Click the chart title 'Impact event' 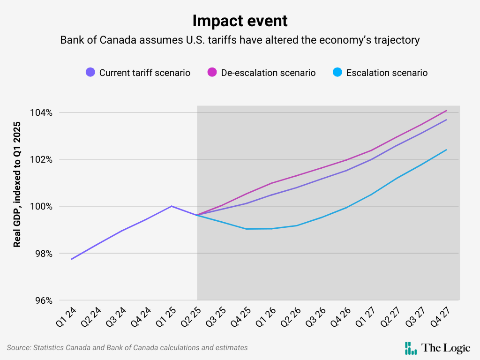coord(240,21)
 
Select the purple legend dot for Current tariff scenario coord(90,73)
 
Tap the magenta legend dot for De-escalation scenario coord(212,73)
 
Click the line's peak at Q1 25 coord(172,206)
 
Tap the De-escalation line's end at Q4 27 coord(446,111)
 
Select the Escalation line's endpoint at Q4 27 coord(446,150)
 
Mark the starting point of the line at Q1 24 coord(72,259)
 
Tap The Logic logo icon coord(411,348)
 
